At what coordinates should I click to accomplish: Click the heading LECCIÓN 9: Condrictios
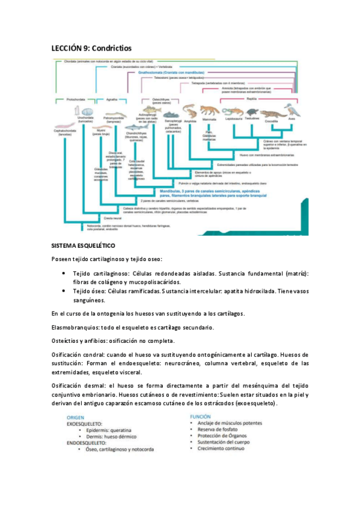point(91,48)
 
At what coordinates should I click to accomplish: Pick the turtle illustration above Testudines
point(252,112)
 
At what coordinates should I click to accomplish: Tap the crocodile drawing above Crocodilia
point(272,112)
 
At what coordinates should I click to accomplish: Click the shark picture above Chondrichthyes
point(142,126)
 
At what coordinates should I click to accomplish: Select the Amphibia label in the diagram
point(191,120)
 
